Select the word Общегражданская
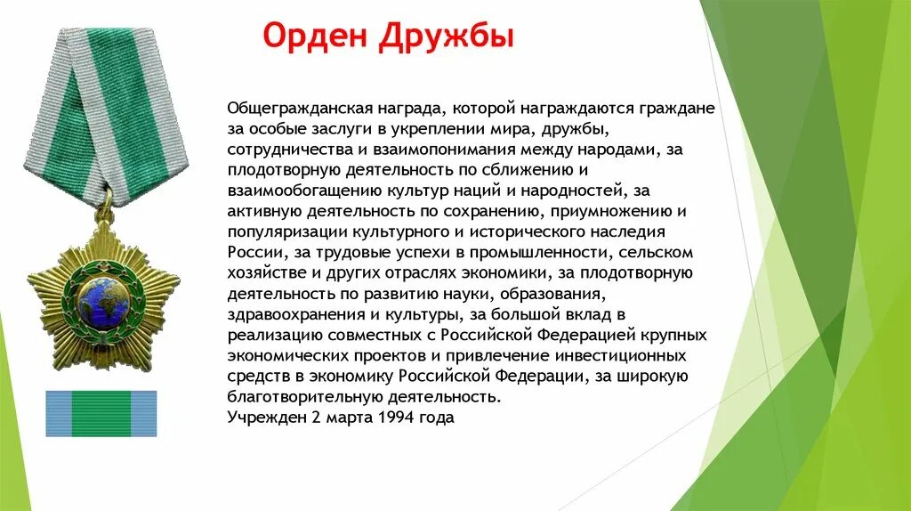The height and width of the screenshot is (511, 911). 291,109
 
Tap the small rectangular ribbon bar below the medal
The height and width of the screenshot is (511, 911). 101,414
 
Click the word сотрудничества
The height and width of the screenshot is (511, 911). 281,150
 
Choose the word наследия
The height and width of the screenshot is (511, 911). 643,231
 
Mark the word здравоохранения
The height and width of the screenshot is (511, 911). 286,313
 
